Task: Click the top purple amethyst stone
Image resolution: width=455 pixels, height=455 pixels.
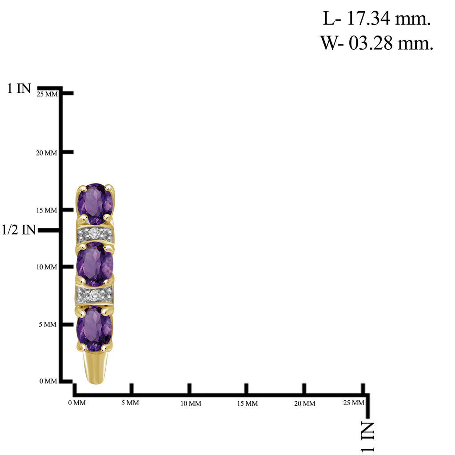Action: [95, 204]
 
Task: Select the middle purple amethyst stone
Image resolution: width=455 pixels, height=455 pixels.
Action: [95, 264]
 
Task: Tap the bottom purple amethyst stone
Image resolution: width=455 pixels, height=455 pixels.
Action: [95, 328]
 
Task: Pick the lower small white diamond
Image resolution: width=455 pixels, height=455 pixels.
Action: [94, 295]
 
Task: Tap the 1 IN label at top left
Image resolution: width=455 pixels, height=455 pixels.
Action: [19, 88]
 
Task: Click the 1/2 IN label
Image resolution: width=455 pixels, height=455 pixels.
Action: [19, 230]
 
